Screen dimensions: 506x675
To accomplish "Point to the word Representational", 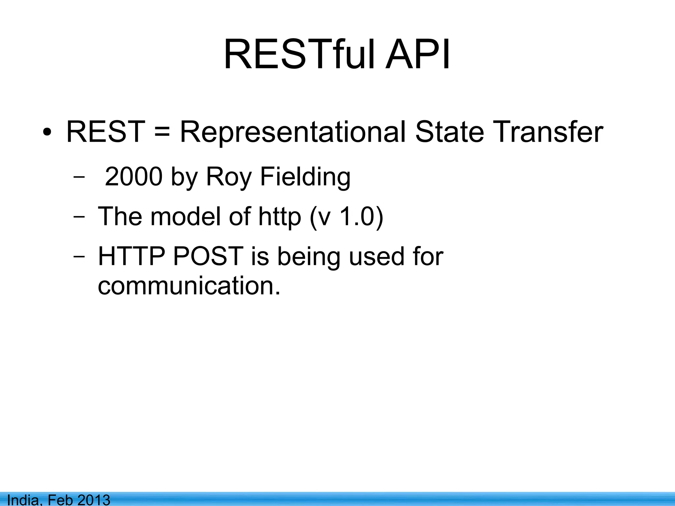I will click(x=293, y=132).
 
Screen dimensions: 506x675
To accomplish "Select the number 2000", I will click(x=133, y=177).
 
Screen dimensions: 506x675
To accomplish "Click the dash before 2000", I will click(x=79, y=177).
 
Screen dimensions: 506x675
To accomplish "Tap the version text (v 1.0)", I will click(x=346, y=217).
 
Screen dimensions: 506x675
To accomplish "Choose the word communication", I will click(x=189, y=285).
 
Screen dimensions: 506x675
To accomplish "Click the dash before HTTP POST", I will click(x=79, y=257).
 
